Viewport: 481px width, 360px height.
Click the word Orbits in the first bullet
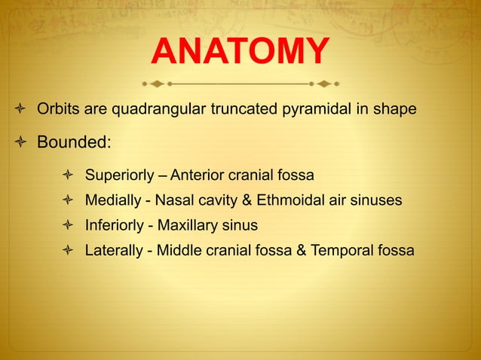57,110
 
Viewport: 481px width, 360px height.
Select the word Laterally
114,250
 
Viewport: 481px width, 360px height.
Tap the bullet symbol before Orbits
21,111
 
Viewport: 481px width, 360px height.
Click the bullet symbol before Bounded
21,142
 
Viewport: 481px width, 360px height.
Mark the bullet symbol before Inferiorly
68,225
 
